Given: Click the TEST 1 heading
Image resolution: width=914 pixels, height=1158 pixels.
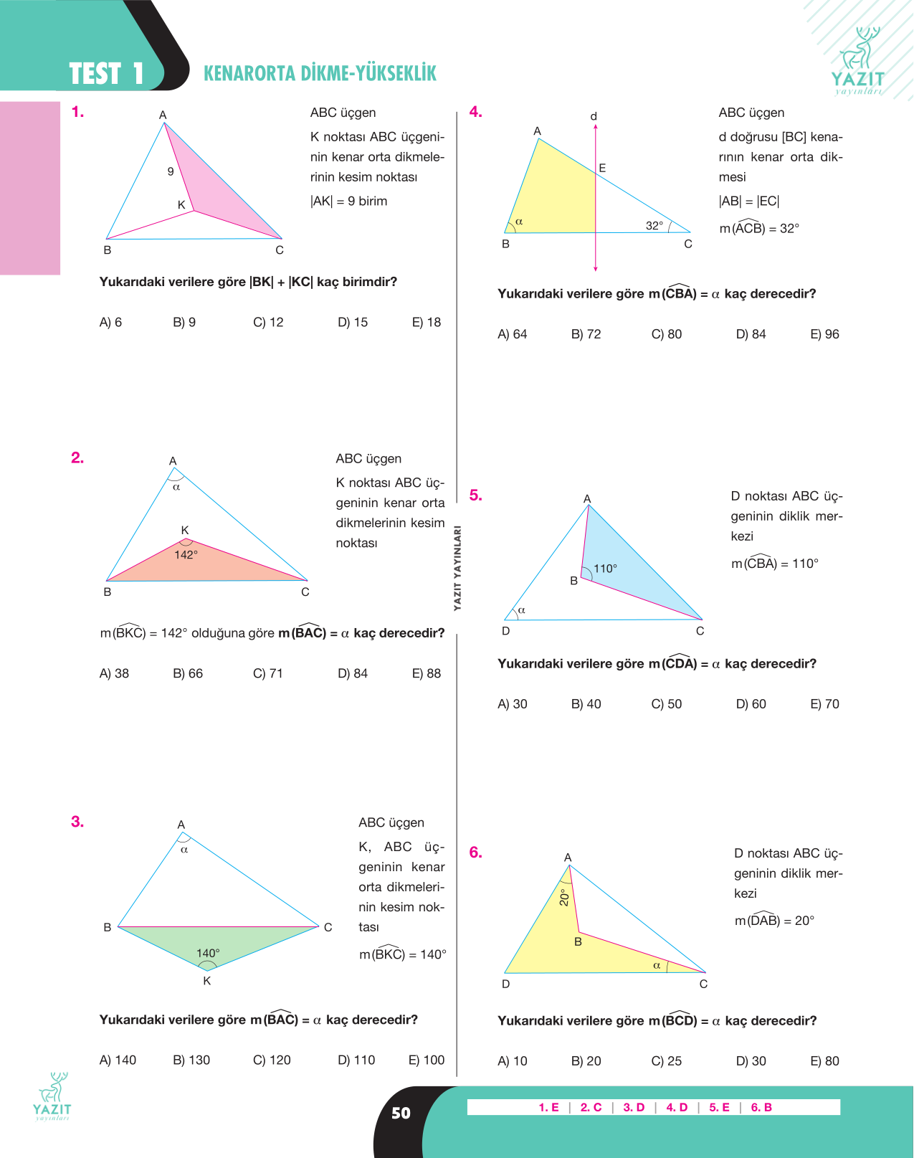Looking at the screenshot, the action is point(106,73).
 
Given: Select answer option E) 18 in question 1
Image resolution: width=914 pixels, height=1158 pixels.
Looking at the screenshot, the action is point(426,323).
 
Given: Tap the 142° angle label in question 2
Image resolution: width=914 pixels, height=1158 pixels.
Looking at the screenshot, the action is point(186,555).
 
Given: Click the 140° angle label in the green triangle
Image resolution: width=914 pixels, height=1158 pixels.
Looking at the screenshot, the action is point(208,953).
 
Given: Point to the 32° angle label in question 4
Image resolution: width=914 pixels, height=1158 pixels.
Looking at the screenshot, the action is point(654,226).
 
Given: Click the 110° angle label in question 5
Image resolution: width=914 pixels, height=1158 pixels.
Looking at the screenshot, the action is point(605,569).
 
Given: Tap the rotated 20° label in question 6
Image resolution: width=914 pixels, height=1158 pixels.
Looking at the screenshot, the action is point(563,898).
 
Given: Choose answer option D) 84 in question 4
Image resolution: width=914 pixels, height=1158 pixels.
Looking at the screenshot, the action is point(751,334).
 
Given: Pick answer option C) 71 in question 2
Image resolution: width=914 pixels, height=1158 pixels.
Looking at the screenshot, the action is point(267,674).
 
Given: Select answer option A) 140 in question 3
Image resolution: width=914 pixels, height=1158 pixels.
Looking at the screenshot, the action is point(118,1060).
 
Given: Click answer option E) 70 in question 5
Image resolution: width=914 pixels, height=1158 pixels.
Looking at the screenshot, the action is point(824,704).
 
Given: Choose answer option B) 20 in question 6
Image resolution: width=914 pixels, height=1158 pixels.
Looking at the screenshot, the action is point(586,1061).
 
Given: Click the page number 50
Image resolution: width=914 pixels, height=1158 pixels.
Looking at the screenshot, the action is point(401,1113).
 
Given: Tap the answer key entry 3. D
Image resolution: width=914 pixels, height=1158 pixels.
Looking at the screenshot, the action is point(634,1107).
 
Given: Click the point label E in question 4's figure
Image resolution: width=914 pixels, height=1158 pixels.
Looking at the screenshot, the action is point(602,168).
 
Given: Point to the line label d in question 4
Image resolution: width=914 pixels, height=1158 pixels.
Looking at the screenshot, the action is point(594,116).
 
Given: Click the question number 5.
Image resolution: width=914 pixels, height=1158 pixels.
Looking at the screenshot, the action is point(475,495).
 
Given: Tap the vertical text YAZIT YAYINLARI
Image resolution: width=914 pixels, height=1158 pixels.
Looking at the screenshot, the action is point(457,568).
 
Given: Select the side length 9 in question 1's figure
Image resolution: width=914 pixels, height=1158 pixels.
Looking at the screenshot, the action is point(171,171).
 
